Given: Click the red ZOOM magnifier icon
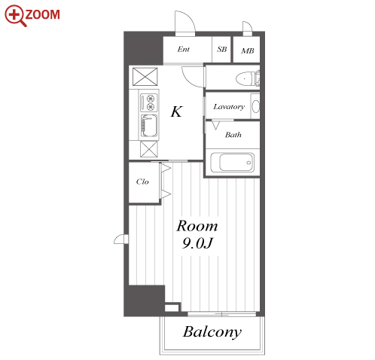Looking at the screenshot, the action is pyautogui.click(x=14, y=15).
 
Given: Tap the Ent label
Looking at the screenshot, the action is pyautogui.click(x=183, y=49).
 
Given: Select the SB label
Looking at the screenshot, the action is pyautogui.click(x=222, y=49).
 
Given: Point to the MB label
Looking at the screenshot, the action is pyautogui.click(x=248, y=51).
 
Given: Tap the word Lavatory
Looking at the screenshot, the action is pyautogui.click(x=229, y=107).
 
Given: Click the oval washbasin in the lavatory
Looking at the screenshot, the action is pyautogui.click(x=255, y=106).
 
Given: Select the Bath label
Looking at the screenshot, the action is pyautogui.click(x=233, y=135).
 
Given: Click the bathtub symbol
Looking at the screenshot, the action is pyautogui.click(x=232, y=163).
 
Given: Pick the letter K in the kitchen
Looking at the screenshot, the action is pyautogui.click(x=176, y=111).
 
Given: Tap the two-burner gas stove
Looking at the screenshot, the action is pyautogui.click(x=148, y=102).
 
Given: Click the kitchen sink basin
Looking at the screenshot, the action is pyautogui.click(x=149, y=126).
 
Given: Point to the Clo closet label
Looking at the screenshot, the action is pyautogui.click(x=142, y=182).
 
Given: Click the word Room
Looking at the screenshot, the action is pyautogui.click(x=197, y=226).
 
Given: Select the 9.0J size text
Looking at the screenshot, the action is pyautogui.click(x=197, y=243).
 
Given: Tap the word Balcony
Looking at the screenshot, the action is pyautogui.click(x=212, y=332).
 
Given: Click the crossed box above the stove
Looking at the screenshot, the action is pyautogui.click(x=145, y=77).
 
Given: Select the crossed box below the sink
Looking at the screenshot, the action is pyautogui.click(x=149, y=149).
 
